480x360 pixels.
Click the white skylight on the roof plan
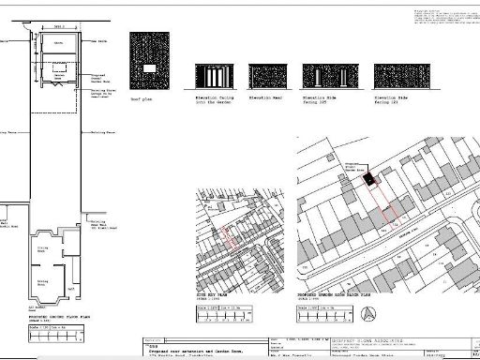151,69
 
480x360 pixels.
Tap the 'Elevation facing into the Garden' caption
213,99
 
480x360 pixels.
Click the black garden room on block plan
368,177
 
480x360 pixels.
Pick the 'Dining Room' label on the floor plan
42,249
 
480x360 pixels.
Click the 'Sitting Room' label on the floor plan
42,280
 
